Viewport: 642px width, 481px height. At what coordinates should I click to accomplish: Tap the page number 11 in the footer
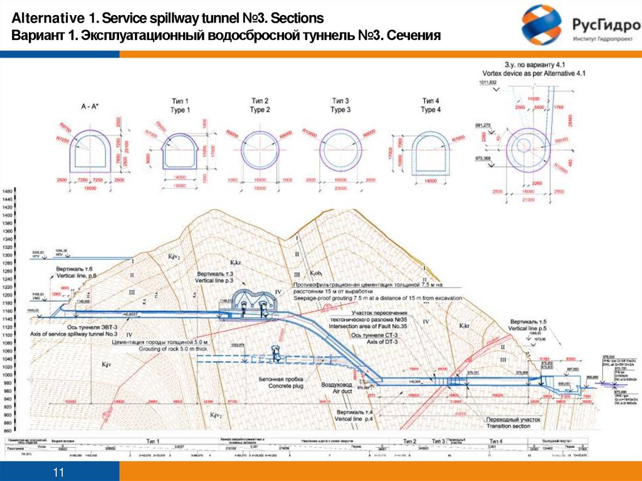pos(60,471)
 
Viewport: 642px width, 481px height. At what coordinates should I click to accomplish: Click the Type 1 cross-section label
pos(180,105)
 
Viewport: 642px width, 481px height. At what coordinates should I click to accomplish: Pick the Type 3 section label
pos(339,105)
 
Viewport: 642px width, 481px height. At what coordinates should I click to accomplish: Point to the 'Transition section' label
pos(508,426)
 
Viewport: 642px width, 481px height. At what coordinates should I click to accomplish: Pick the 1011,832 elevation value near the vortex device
pos(487,82)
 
